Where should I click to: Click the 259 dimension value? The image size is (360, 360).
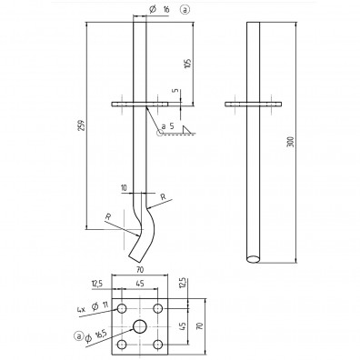(81, 125)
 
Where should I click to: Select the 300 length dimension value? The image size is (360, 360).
(291, 142)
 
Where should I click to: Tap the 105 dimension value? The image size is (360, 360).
(188, 64)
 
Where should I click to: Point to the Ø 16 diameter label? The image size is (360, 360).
(159, 10)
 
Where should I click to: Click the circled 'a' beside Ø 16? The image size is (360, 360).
(185, 10)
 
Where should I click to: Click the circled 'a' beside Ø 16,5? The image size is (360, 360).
(78, 335)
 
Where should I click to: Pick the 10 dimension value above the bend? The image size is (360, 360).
(124, 188)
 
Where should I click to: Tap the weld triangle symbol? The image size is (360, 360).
(187, 130)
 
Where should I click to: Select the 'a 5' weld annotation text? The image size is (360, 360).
(168, 126)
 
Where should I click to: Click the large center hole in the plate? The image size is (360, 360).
(140, 326)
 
